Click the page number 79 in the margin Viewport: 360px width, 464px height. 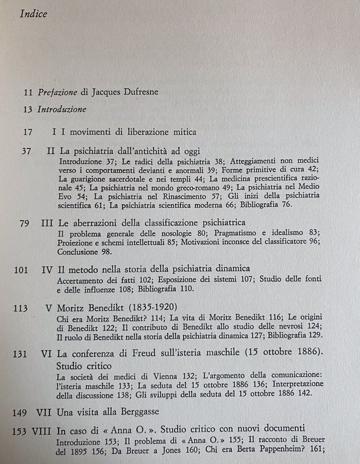coord(25,224)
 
